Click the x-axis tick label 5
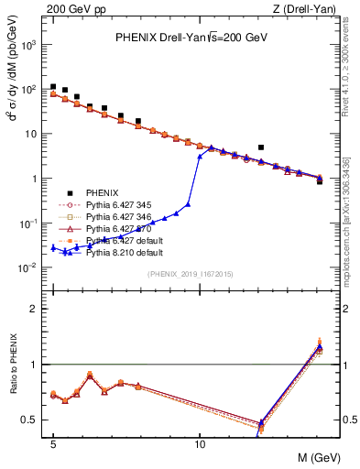pos(53,445)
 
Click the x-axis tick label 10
pos(200,445)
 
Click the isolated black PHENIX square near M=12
pos(261,147)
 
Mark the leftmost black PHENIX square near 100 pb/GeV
pos(53,87)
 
